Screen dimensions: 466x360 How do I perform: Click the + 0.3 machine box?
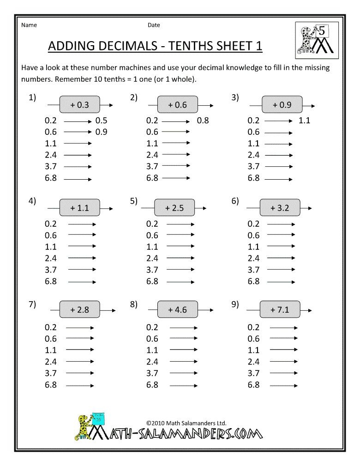coord(79,105)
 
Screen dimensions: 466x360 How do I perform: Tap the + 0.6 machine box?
coord(178,105)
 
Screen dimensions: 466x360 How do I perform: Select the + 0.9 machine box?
coord(282,105)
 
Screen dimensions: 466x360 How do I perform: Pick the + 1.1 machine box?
coord(79,208)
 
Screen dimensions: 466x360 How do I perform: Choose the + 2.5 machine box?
coord(174,208)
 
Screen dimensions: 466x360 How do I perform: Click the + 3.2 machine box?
coord(280,208)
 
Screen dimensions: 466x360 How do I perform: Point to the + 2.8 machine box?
coord(79,310)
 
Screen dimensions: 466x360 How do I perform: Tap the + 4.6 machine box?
coord(178,310)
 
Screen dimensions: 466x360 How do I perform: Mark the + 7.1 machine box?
coord(280,310)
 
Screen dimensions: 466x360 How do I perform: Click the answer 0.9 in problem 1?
coord(102,132)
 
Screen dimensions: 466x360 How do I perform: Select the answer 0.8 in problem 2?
coord(203,121)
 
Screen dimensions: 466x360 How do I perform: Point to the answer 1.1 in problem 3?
coord(304,121)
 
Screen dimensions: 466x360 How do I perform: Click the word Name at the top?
coord(29,25)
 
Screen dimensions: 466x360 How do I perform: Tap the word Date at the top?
coord(154,25)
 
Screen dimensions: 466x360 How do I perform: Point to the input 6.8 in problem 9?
coord(253,384)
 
